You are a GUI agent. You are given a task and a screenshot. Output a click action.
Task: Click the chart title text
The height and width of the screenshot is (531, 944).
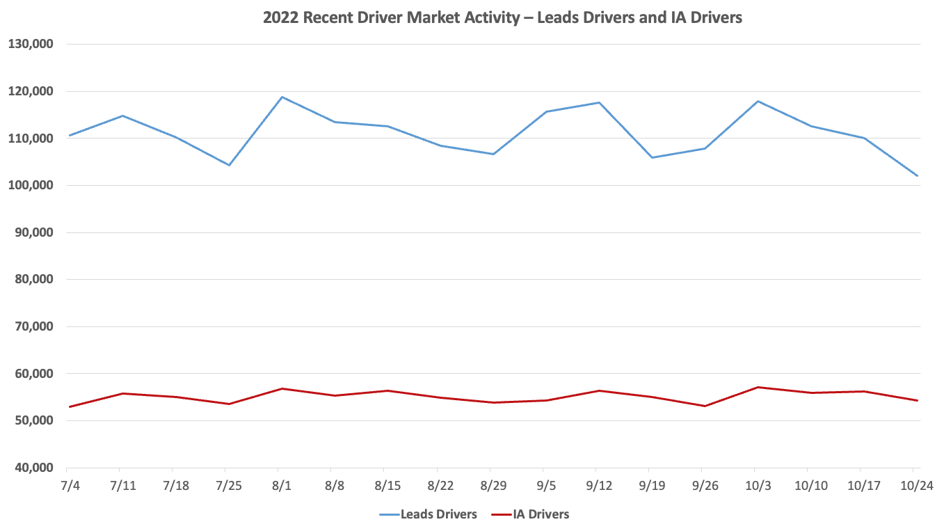(502, 18)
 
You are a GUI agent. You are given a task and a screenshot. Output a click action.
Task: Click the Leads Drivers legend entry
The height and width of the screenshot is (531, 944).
(428, 514)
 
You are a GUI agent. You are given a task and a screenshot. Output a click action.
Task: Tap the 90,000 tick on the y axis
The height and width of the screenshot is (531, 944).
(33, 232)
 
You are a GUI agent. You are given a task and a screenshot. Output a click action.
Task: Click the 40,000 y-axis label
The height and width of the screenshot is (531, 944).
(33, 468)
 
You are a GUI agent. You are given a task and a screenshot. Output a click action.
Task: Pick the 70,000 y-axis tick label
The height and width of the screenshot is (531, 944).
(33, 326)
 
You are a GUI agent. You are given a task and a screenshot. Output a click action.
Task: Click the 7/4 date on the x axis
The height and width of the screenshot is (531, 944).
(70, 485)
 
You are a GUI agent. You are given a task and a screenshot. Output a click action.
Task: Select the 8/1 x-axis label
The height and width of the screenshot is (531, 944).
(281, 485)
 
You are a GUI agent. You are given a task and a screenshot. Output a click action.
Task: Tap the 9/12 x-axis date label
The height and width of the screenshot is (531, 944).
(599, 485)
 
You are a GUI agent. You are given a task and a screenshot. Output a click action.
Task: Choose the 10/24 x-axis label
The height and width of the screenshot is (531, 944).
(917, 485)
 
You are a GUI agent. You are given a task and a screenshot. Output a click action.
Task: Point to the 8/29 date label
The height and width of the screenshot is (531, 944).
(493, 485)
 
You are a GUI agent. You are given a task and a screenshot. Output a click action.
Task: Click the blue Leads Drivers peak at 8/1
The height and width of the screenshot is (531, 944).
(281, 97)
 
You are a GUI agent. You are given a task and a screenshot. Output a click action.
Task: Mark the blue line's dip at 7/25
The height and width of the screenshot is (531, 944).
(229, 165)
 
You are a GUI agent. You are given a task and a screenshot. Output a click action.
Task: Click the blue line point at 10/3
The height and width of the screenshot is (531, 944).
(758, 101)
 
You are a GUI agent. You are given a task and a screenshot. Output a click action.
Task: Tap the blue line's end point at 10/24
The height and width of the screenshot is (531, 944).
(917, 175)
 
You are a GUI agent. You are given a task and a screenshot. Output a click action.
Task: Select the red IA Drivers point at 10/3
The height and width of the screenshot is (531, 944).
(758, 387)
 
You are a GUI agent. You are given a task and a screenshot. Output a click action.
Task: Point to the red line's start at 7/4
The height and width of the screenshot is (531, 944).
(70, 406)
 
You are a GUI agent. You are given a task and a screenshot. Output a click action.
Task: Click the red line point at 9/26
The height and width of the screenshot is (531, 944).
(705, 406)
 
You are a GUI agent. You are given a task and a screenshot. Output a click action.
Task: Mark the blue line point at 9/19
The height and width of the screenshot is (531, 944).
(652, 157)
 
